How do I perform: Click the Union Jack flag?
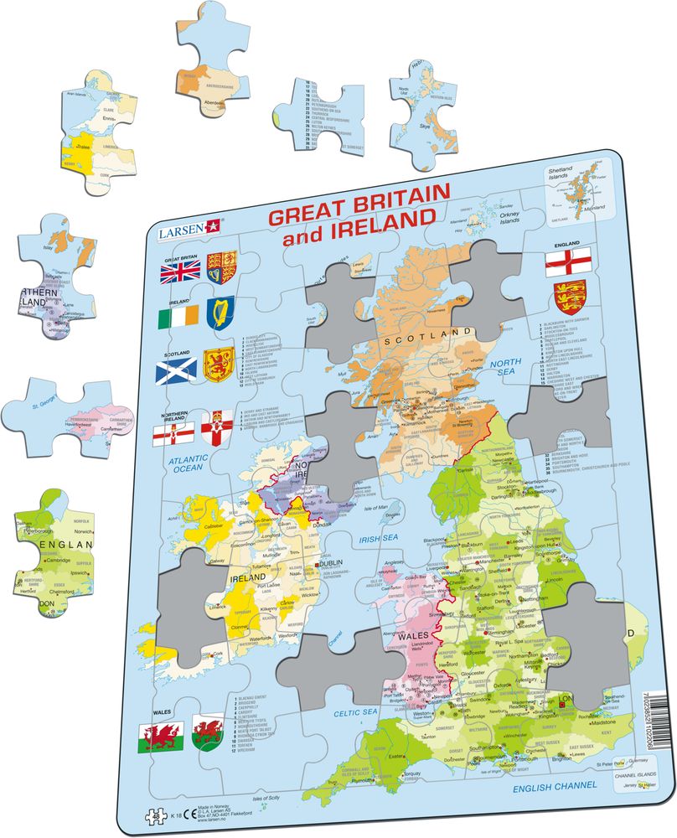(180, 270)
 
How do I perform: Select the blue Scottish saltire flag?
(179, 368)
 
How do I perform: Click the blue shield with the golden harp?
(221, 315)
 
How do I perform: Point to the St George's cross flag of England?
(563, 262)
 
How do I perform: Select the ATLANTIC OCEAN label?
(191, 465)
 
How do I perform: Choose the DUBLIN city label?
(331, 565)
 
